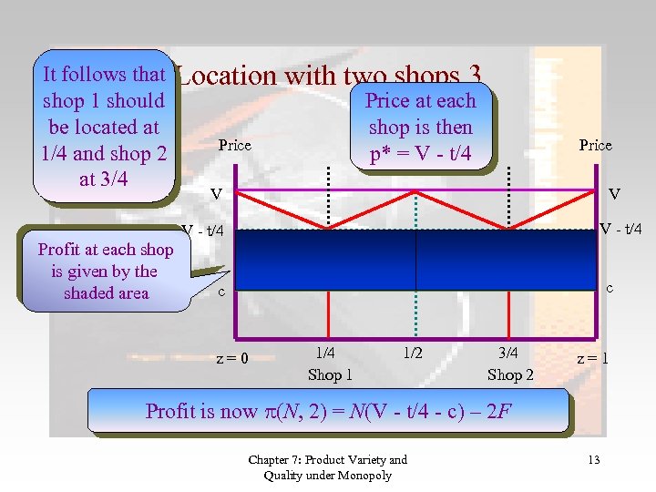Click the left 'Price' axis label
(x=234, y=145)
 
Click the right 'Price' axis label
(x=595, y=145)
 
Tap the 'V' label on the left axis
(x=216, y=194)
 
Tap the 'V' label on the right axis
(x=614, y=193)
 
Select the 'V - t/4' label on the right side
(x=620, y=229)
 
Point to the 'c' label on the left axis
(x=220, y=292)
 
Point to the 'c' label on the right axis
(x=610, y=288)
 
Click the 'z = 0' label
(x=232, y=357)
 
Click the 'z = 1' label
(x=592, y=358)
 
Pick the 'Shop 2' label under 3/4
(x=511, y=374)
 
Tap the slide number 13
(x=593, y=459)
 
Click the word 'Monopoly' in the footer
(x=363, y=475)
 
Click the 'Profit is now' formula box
(x=327, y=411)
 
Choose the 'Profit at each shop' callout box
(x=105, y=271)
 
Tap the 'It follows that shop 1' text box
(x=103, y=127)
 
